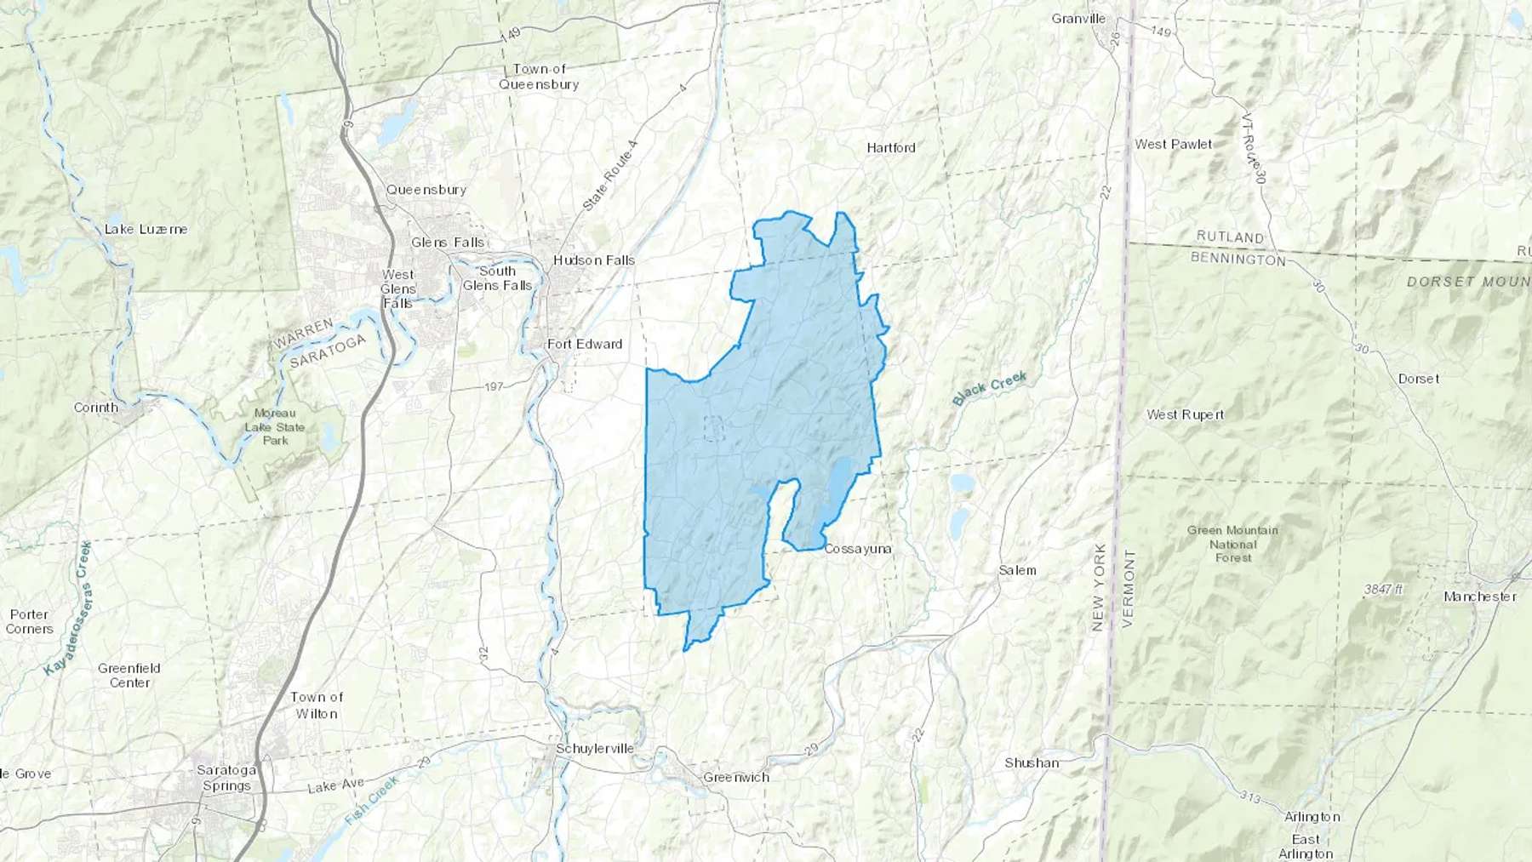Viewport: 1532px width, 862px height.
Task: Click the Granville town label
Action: pos(1078,19)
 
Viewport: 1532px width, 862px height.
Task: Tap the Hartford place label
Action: pos(891,148)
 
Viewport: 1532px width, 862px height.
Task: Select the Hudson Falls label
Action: pos(594,260)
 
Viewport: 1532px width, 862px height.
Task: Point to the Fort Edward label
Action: pos(585,345)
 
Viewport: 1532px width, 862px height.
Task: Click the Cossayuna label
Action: pos(858,550)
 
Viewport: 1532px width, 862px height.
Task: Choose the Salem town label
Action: pos(1017,571)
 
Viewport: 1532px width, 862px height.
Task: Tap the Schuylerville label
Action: pos(595,749)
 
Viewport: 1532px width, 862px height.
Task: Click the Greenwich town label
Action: pos(736,778)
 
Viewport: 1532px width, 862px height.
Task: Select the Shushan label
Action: pos(1032,763)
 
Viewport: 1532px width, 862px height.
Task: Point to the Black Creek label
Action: pos(990,388)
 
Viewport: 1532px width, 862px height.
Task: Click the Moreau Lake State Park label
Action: pos(275,427)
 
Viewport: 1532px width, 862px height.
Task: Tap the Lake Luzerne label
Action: pos(146,230)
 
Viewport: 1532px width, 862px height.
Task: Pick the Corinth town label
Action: pos(96,408)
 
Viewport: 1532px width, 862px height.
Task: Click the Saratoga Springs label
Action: pos(226,778)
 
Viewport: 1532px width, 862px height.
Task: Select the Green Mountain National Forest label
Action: pos(1232,544)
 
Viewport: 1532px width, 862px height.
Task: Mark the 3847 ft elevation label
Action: pos(1383,589)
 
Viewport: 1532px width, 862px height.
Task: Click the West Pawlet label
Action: pos(1173,145)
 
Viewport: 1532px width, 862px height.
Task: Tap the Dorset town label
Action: pos(1419,380)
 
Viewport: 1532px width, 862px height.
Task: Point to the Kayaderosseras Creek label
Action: pos(70,608)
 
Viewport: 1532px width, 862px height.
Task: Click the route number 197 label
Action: pos(494,387)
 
